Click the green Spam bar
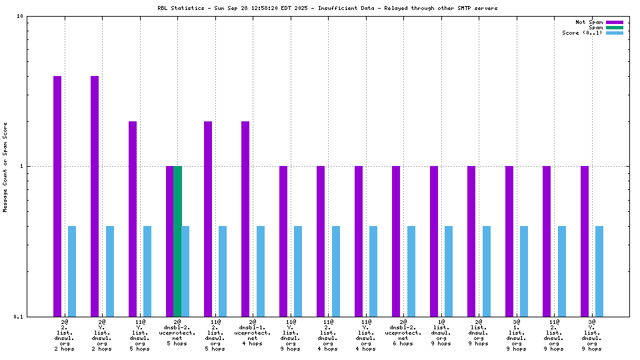click(177, 241)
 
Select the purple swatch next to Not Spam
click(615, 22)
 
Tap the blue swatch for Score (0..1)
click(615, 33)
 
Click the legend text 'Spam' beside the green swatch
click(595, 27)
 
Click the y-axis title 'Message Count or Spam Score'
click(6, 167)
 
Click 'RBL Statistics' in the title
click(179, 9)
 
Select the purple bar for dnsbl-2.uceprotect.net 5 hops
click(169, 241)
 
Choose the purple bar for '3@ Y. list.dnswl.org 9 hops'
click(585, 241)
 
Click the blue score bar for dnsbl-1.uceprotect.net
click(260, 271)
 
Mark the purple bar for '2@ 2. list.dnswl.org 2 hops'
click(57, 196)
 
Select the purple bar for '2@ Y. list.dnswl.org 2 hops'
click(95, 196)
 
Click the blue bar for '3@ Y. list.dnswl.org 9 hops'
click(599, 271)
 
